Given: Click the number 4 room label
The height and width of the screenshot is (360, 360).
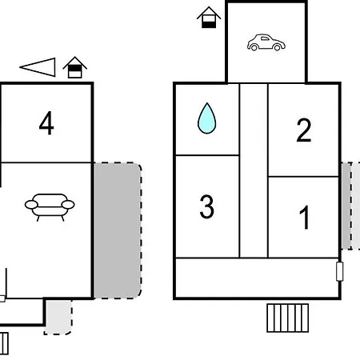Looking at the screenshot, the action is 46,123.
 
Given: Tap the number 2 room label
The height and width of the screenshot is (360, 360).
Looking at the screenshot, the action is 304,130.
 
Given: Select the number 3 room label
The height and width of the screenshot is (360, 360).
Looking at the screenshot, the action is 206,206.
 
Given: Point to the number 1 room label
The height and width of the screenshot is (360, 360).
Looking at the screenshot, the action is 304,218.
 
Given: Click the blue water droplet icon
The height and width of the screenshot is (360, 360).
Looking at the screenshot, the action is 206,118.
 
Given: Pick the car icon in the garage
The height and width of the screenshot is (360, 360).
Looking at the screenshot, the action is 266,42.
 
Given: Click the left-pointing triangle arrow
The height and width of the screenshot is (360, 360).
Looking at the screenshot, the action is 38,67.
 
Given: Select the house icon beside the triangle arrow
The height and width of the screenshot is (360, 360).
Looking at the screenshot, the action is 74,67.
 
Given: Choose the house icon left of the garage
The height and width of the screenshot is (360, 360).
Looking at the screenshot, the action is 209,18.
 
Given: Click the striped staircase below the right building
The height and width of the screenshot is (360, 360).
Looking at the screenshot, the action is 288,318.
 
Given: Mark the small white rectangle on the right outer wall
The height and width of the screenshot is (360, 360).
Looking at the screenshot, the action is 339,271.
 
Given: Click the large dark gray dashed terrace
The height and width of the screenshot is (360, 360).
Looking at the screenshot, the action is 118,230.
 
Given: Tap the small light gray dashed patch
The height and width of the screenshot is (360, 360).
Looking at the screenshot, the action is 58,317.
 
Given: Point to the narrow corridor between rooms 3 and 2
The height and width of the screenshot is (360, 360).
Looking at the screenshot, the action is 254,170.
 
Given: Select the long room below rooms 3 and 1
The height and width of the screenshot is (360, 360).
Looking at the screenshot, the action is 257,278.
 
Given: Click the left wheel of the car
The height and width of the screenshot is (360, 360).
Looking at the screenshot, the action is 254,48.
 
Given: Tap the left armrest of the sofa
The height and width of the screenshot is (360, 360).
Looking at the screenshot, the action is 31,205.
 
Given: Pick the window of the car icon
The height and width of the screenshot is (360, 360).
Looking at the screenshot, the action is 265,38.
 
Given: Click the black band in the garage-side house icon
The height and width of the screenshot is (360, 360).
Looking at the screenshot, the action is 209,25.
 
